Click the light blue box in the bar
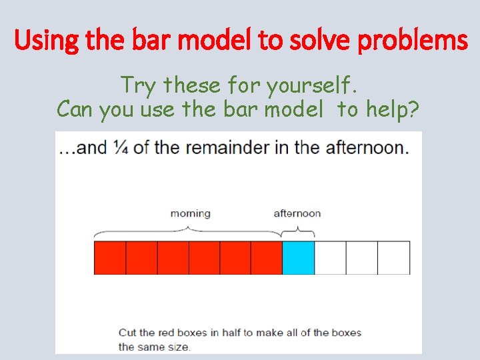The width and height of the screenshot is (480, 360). pyautogui.click(x=298, y=258)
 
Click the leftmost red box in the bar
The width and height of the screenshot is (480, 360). pyautogui.click(x=110, y=258)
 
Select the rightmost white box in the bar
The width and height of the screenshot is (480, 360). pyautogui.click(x=394, y=258)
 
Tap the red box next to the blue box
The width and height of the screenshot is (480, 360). pyautogui.click(x=267, y=258)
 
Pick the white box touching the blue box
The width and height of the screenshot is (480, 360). pyautogui.click(x=330, y=258)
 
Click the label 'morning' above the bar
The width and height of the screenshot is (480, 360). pyautogui.click(x=190, y=213)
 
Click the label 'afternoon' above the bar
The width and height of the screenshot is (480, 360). pyautogui.click(x=297, y=213)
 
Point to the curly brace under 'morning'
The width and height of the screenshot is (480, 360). pyautogui.click(x=188, y=231)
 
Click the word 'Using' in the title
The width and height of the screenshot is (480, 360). pyautogui.click(x=39, y=41)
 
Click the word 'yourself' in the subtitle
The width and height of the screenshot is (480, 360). pyautogui.click(x=312, y=85)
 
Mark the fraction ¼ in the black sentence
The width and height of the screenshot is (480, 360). pyautogui.click(x=121, y=147)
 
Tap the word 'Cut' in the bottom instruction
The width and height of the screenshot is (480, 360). pyautogui.click(x=127, y=332)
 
